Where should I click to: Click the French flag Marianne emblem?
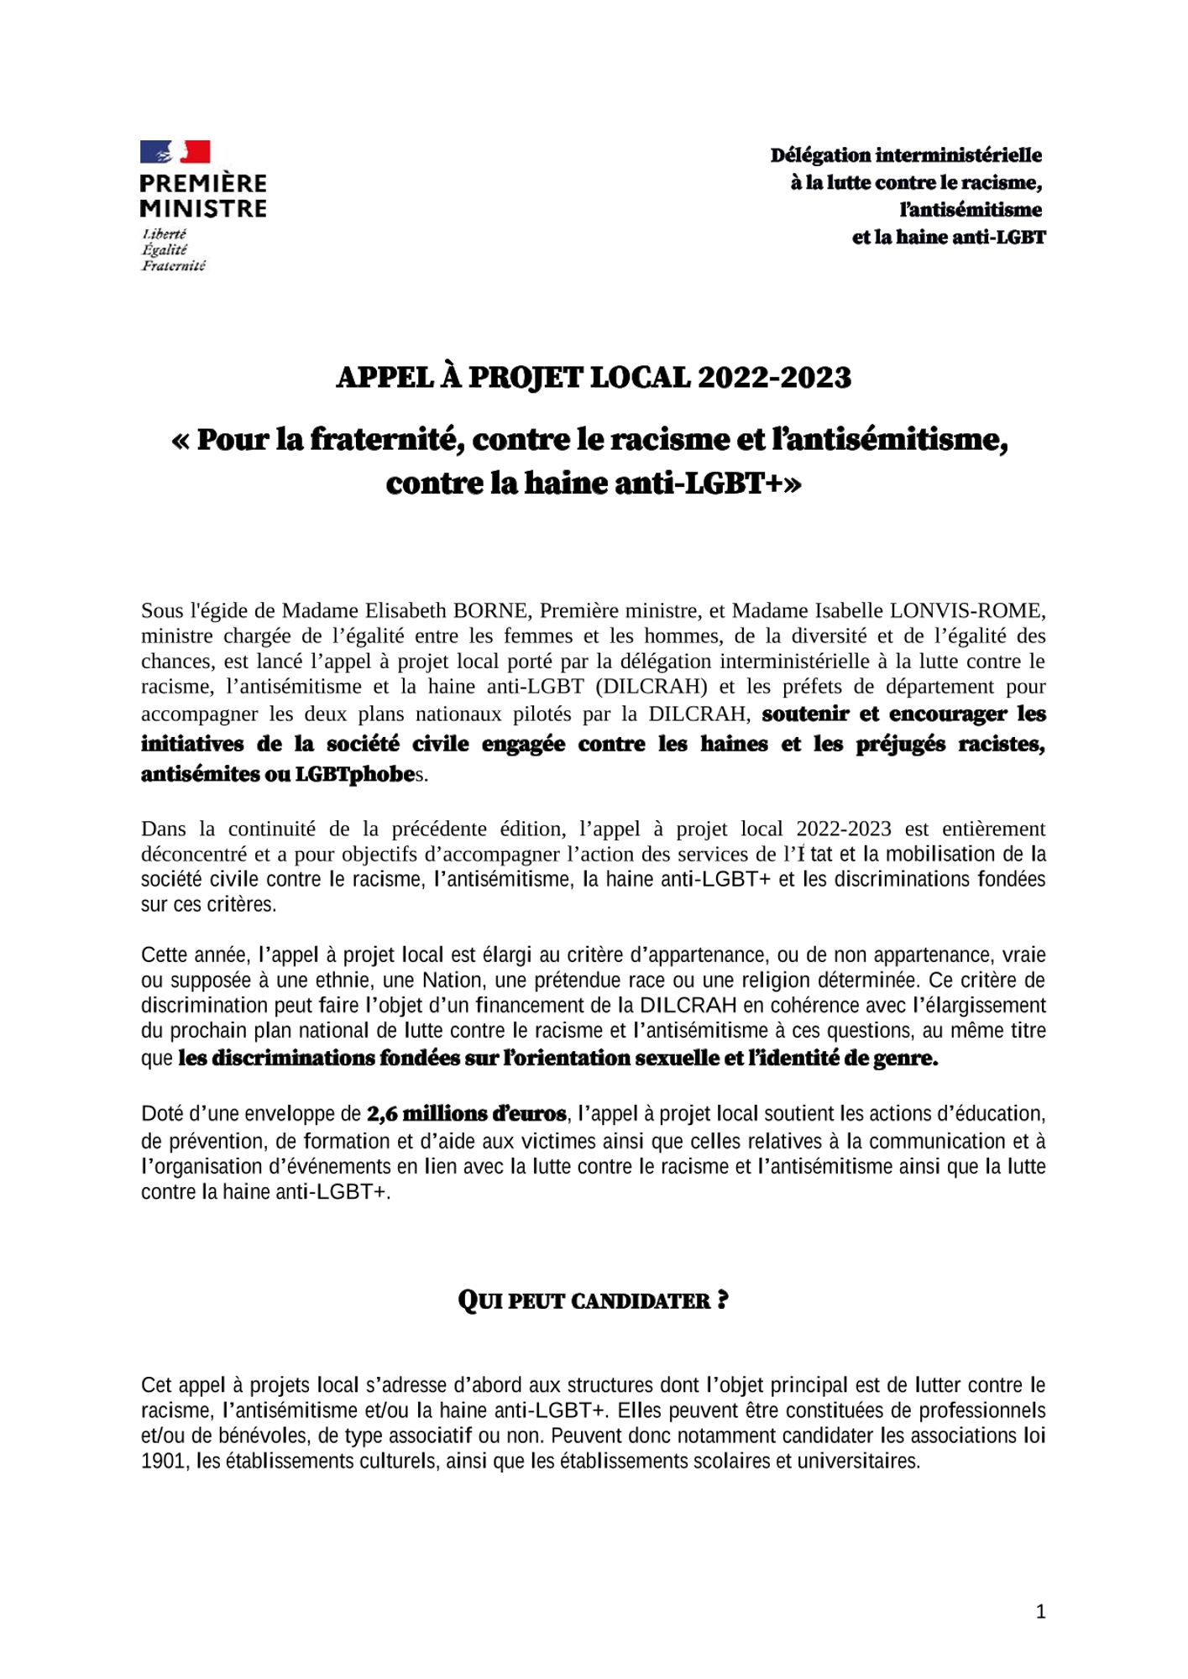point(175,152)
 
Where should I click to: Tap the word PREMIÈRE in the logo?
point(203,183)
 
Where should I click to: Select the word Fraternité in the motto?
point(173,265)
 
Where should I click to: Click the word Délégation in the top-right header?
point(820,155)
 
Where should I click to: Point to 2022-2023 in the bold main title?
point(774,378)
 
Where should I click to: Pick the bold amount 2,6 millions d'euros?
point(467,1114)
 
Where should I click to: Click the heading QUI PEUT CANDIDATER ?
point(593,1300)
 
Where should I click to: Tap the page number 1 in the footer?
point(1041,1611)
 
